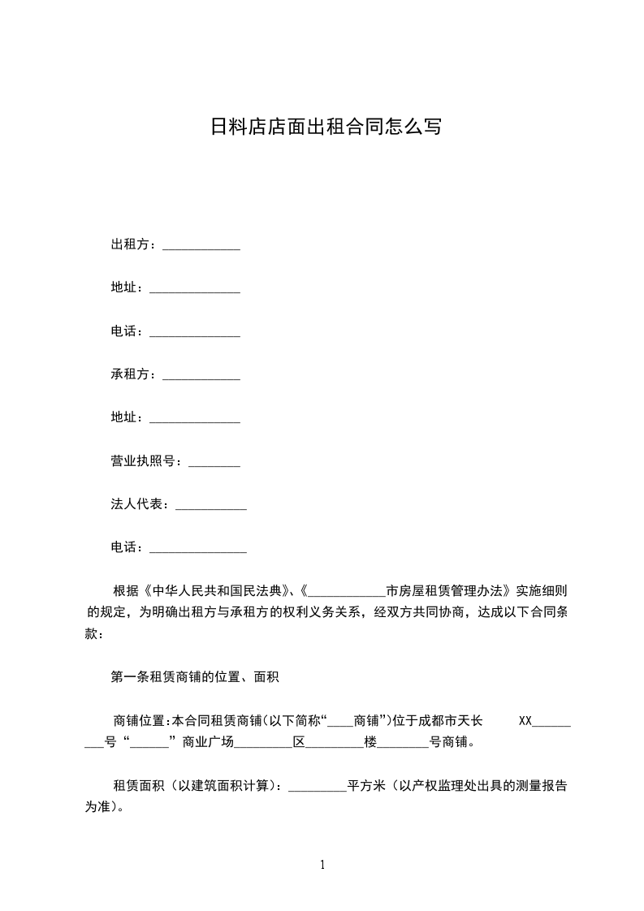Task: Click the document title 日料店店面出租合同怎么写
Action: (326, 127)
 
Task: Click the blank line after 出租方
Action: (201, 245)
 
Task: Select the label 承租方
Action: (130, 374)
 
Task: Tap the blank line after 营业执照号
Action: (214, 462)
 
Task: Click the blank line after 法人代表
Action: (211, 506)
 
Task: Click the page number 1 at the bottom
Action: (322, 865)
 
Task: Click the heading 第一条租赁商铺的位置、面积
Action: (195, 676)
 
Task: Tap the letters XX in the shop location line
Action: (525, 720)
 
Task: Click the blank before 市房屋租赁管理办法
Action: (348, 591)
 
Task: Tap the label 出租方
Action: (130, 244)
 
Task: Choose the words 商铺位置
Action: (139, 720)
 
